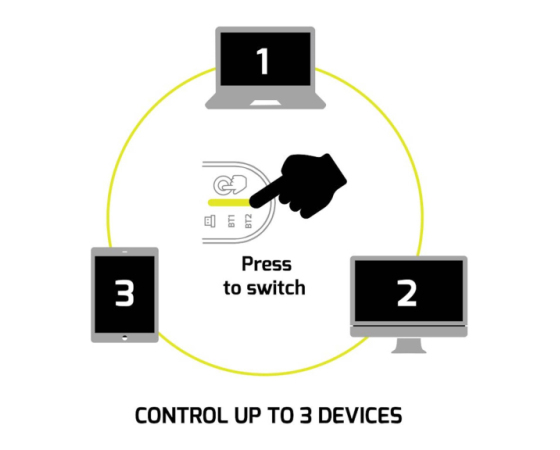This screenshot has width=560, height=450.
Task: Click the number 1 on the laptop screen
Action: (263, 61)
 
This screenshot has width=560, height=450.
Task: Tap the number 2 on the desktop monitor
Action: (407, 293)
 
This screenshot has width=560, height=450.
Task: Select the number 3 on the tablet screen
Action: (124, 293)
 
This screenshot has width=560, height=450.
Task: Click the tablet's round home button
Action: (124, 338)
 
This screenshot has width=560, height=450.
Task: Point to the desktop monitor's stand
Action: (409, 345)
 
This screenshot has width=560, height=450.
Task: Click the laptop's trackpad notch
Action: (265, 103)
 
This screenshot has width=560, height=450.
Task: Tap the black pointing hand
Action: (299, 185)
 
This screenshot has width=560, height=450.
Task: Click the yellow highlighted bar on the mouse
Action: (229, 202)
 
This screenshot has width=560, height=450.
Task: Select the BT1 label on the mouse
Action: (231, 221)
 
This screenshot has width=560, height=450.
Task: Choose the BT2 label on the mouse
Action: (248, 221)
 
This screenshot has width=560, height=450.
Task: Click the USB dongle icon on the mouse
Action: (210, 221)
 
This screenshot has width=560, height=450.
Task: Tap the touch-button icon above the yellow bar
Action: (230, 184)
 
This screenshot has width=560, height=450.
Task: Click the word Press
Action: (266, 265)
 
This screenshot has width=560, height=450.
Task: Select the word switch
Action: (276, 288)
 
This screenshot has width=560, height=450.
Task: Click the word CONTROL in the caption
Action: (182, 415)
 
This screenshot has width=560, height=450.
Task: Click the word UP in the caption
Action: (247, 415)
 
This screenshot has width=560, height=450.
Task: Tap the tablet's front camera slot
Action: (124, 252)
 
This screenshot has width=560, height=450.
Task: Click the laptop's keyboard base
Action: (265, 101)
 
